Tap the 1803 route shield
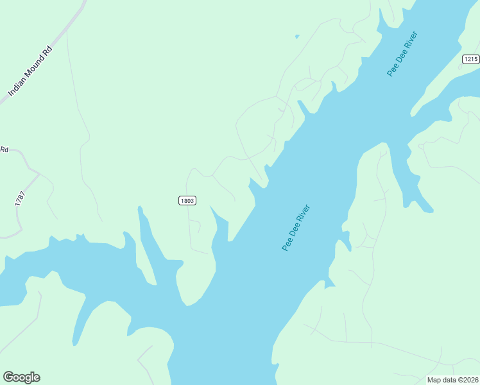(187, 201)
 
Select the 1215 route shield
(470, 59)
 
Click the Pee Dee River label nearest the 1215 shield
(402, 53)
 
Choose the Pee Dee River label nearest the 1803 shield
(296, 228)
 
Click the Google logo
(21, 377)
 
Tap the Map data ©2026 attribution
(453, 380)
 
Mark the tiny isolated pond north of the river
(296, 37)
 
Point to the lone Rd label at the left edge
(4, 150)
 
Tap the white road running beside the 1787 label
(26, 193)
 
